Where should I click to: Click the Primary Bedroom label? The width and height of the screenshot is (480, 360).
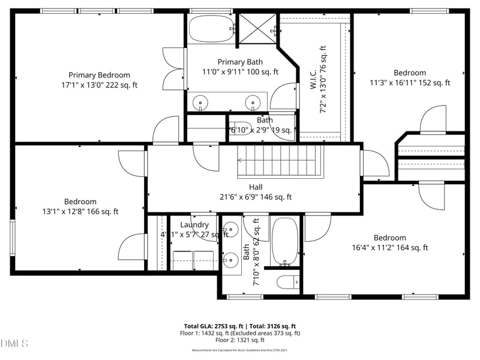99,75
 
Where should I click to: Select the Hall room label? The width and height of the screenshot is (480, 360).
256,187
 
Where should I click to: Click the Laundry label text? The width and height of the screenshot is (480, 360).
190,224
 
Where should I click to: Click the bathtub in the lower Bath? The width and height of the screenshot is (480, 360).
284,241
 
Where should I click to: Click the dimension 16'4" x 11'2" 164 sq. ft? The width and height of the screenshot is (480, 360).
389,247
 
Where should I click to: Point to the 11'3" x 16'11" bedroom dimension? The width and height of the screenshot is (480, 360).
410,83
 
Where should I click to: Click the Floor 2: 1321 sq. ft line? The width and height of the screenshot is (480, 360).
239,340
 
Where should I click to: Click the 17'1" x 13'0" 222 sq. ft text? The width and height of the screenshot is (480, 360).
99,85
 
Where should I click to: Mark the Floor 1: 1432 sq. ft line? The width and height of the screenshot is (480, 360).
239,333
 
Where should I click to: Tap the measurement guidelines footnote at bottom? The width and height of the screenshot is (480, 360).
239,349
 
